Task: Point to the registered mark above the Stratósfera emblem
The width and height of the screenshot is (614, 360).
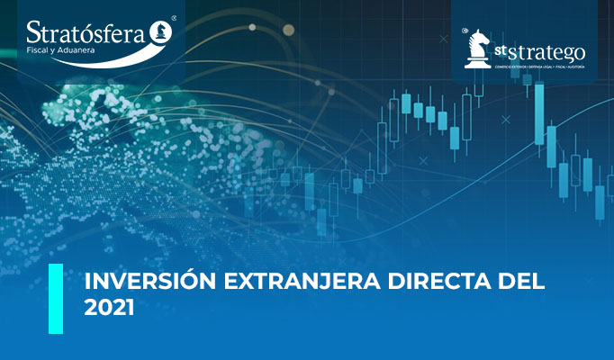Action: (174, 18)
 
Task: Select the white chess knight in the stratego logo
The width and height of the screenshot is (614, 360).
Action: (477, 48)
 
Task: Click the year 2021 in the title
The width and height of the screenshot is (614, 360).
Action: (109, 308)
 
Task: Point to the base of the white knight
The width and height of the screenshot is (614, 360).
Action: (476, 65)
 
